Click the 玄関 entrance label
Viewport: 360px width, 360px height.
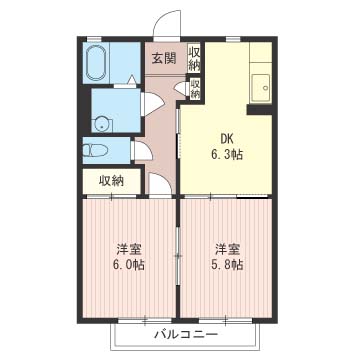pyautogui.click(x=164, y=59)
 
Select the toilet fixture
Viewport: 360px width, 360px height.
pyautogui.click(x=95, y=150)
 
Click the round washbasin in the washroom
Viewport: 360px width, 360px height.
pyautogui.click(x=101, y=124)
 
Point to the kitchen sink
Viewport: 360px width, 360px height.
pyautogui.click(x=261, y=88)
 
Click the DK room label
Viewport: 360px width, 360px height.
pyautogui.click(x=226, y=138)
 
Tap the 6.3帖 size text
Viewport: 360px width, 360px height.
pyautogui.click(x=226, y=154)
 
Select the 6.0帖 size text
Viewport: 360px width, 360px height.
pyautogui.click(x=128, y=265)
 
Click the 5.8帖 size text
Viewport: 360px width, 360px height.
pyautogui.click(x=227, y=265)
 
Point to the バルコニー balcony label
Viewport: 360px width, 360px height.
pyautogui.click(x=186, y=334)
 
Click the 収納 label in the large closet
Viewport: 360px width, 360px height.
pyautogui.click(x=111, y=181)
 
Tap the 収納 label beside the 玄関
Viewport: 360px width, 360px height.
pyautogui.click(x=194, y=58)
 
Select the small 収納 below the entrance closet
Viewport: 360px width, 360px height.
pyautogui.click(x=195, y=88)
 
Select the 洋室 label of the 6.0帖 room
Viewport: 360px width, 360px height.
pyautogui.click(x=128, y=249)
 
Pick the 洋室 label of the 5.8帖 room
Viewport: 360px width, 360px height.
pyautogui.click(x=227, y=249)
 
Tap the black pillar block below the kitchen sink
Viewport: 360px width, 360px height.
pyautogui.click(x=260, y=110)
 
